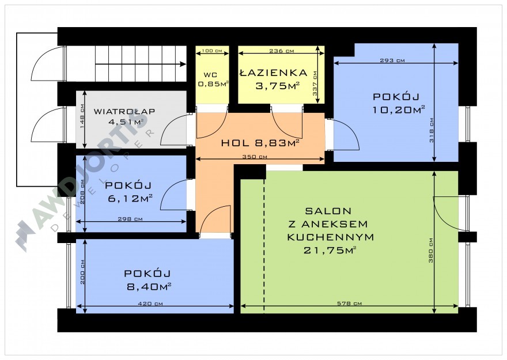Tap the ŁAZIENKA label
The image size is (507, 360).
click(x=274, y=73)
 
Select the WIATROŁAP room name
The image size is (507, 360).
click(x=124, y=112)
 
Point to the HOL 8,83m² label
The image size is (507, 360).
click(x=260, y=143)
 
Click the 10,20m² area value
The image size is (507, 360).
click(x=399, y=110)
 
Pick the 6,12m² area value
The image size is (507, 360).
click(x=130, y=198)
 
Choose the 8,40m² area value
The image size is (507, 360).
click(x=149, y=286)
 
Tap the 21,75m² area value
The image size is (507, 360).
click(x=330, y=250)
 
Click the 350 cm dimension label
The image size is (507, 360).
click(x=255, y=157)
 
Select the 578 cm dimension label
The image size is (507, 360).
click(x=349, y=304)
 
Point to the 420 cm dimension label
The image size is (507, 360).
click(x=150, y=304)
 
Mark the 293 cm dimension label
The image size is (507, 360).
click(x=392, y=60)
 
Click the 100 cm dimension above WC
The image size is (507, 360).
click(x=212, y=51)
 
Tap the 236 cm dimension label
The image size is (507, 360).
click(x=282, y=51)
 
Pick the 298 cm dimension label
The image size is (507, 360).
click(x=130, y=219)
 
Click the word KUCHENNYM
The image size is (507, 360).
click(x=331, y=237)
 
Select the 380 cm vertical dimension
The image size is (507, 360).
click(x=431, y=251)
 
